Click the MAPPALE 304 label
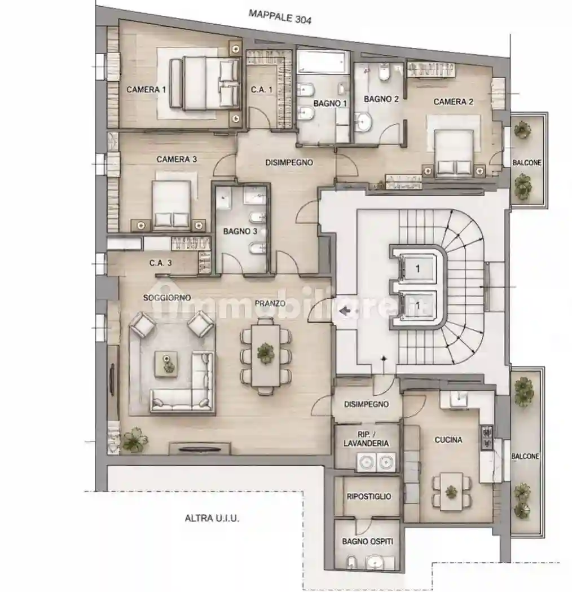pyautogui.click(x=280, y=17)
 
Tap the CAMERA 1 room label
pyautogui.click(x=146, y=90)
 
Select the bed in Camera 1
pyautogui.click(x=205, y=84)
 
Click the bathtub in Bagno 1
pyautogui.click(x=321, y=62)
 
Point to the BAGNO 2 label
pyautogui.click(x=381, y=99)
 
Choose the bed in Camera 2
pyautogui.click(x=454, y=153)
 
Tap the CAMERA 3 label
pyautogui.click(x=177, y=160)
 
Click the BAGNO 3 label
pyautogui.click(x=240, y=231)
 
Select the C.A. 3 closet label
pyautogui.click(x=161, y=263)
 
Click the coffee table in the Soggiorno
pyautogui.click(x=166, y=364)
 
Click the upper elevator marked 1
pyautogui.click(x=417, y=268)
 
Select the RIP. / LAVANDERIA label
pyautogui.click(x=366, y=439)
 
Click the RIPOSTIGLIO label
pyautogui.click(x=369, y=497)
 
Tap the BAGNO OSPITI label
pyautogui.click(x=368, y=541)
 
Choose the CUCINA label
pyautogui.click(x=448, y=439)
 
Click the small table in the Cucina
pyautogui.click(x=451, y=493)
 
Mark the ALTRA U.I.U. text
pyautogui.click(x=212, y=518)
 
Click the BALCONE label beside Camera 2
pyautogui.click(x=527, y=163)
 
